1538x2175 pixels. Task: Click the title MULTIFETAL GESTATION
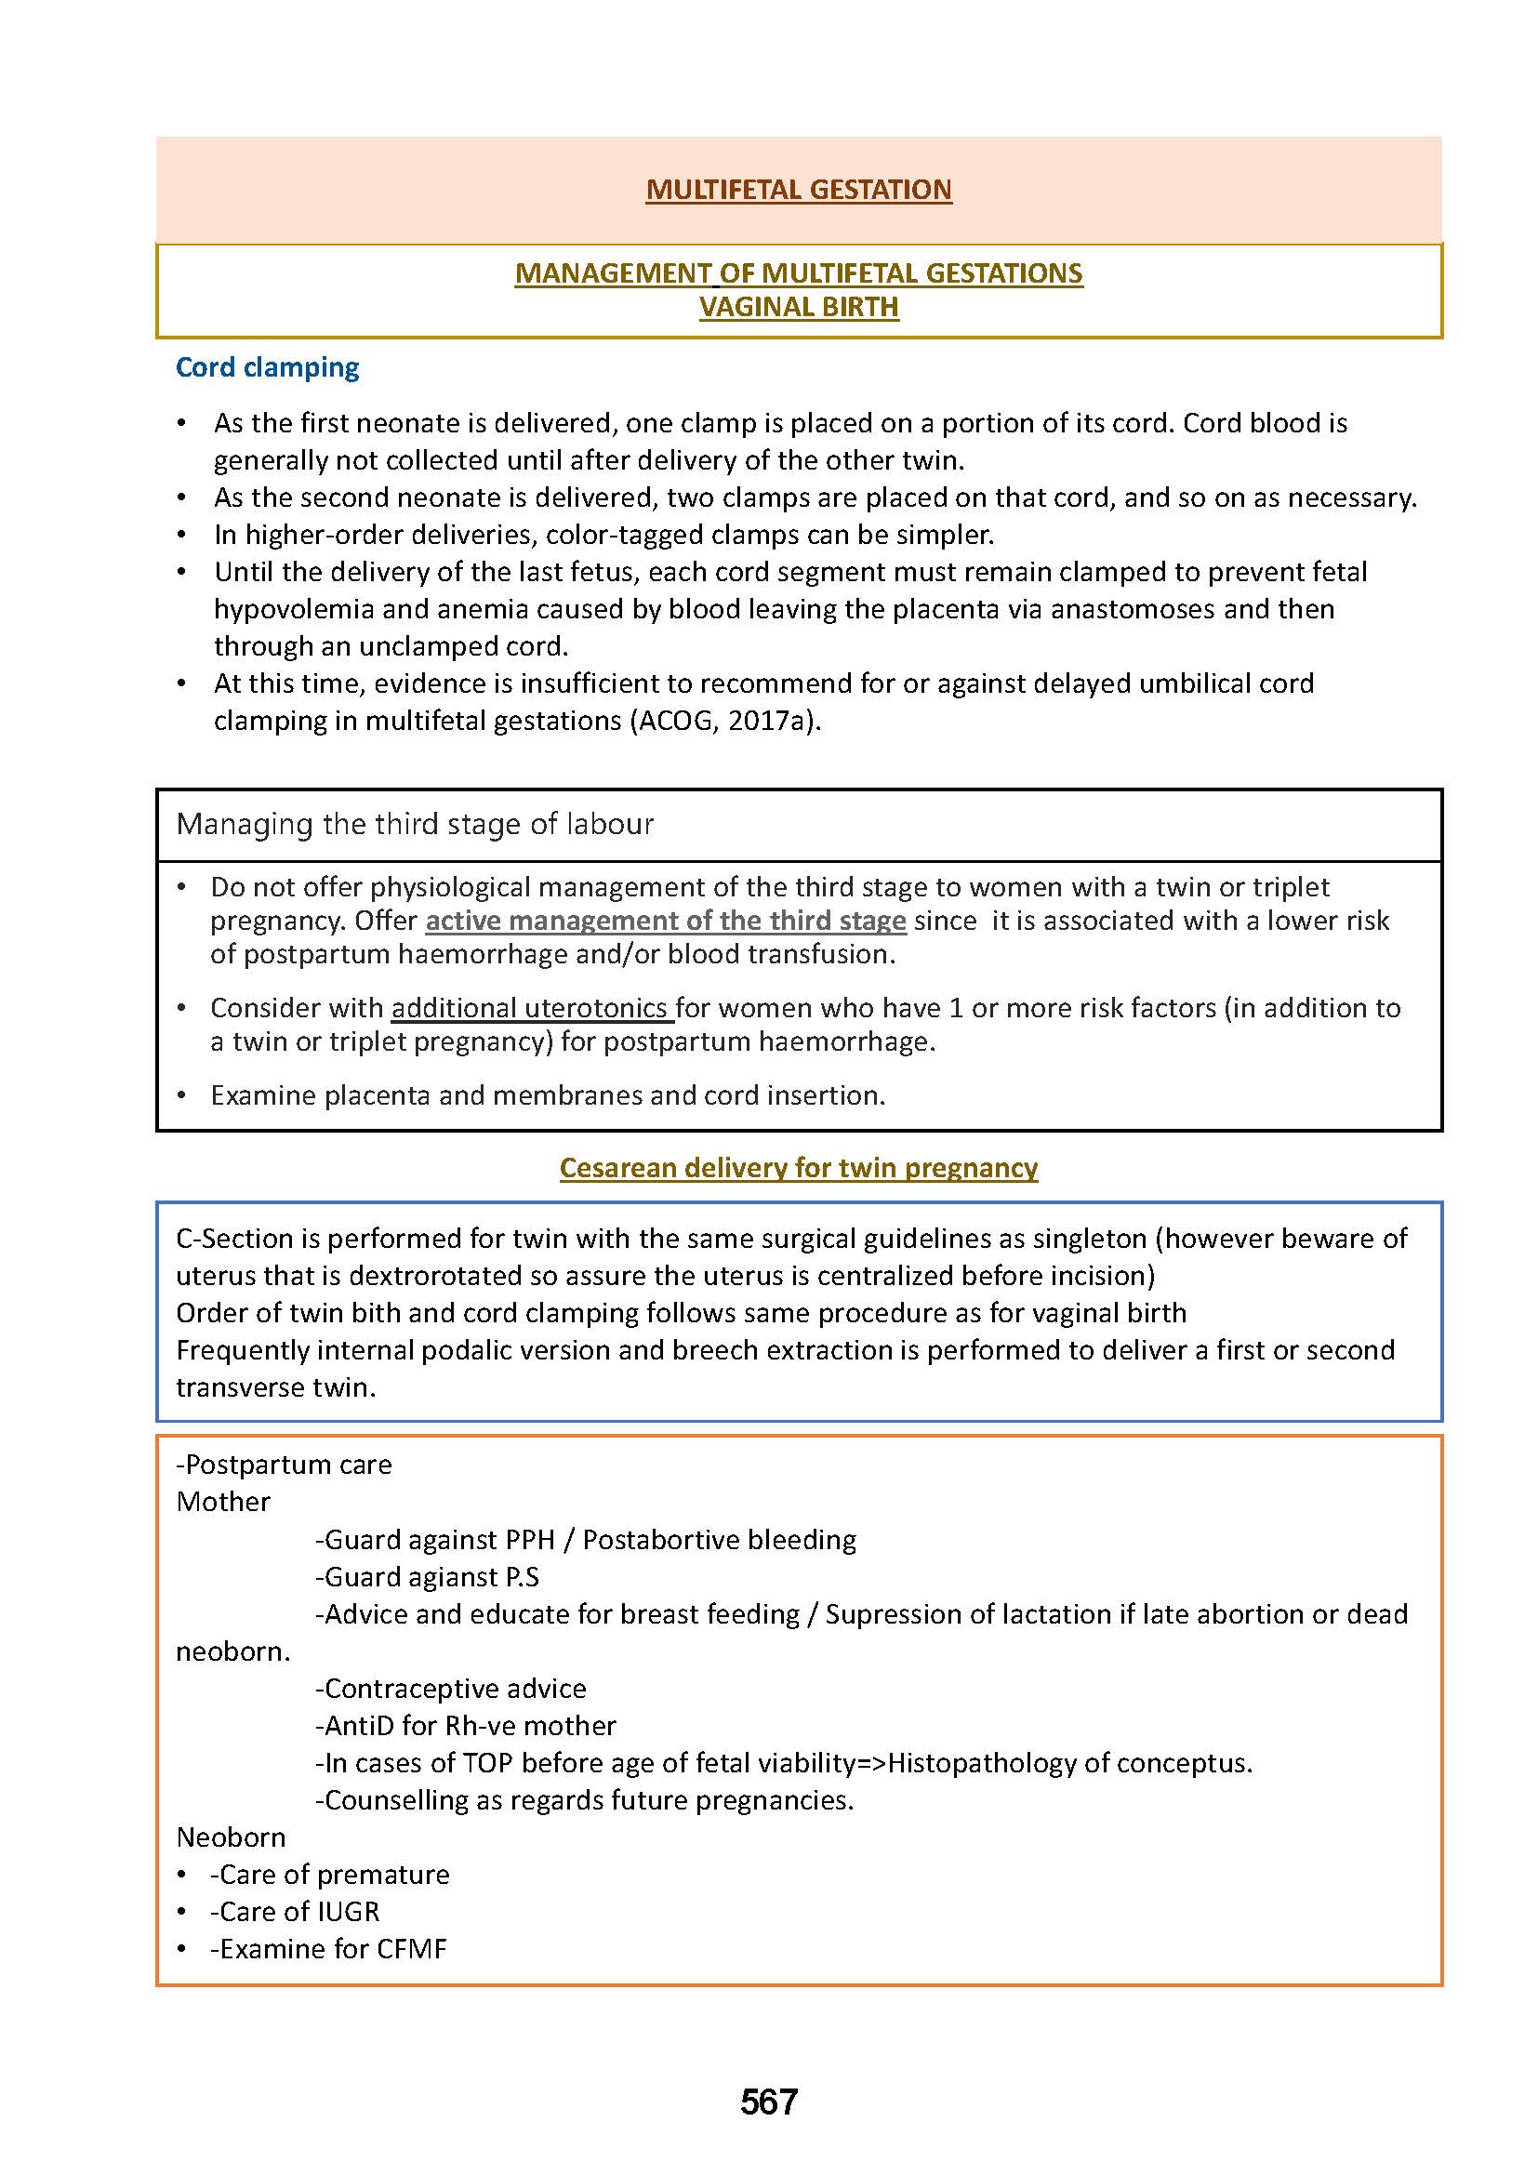799,190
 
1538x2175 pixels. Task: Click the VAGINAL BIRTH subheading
799,307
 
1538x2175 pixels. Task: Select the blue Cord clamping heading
267,367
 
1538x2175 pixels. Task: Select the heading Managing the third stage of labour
415,824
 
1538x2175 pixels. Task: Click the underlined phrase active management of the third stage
666,921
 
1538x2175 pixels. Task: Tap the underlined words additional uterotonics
530,1008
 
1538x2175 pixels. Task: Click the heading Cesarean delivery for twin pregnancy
799,1168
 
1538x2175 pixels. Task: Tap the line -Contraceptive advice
451,1688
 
